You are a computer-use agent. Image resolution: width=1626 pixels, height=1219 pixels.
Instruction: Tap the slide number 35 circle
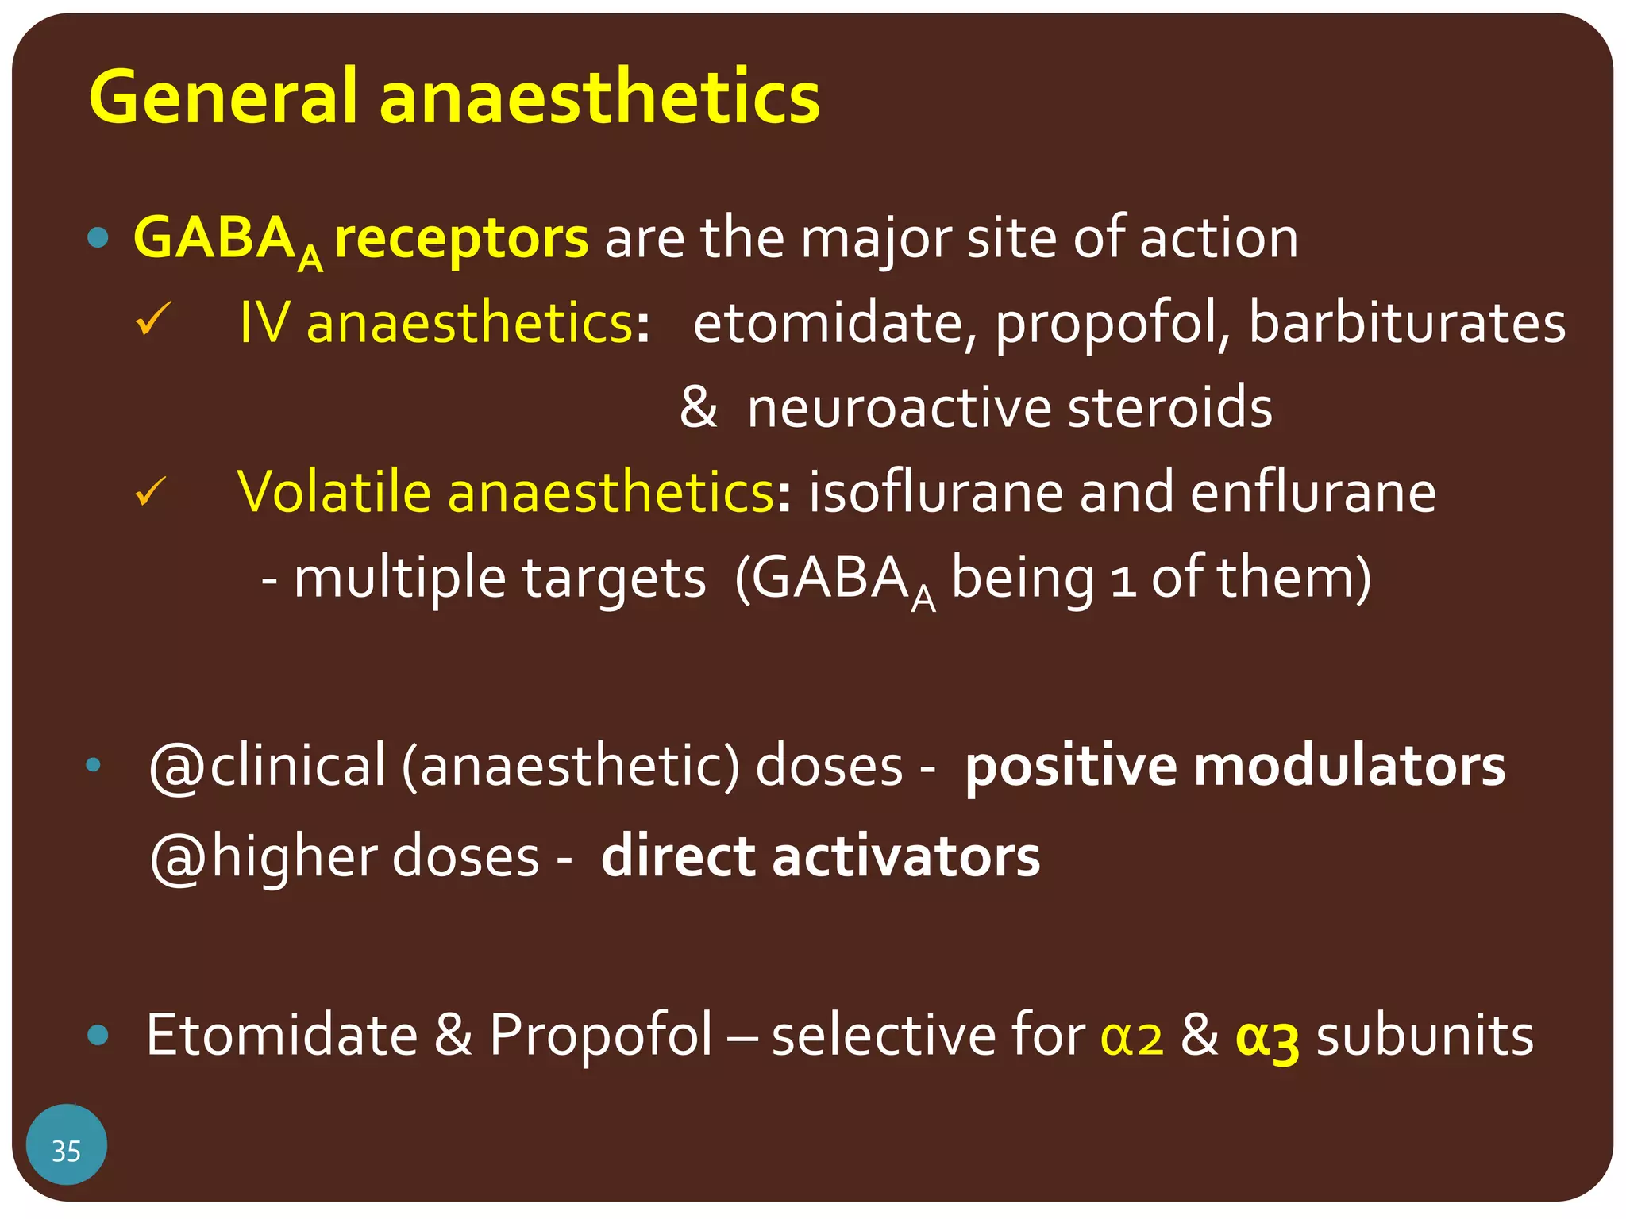(67, 1150)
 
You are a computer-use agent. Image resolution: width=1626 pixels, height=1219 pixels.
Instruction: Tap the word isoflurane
(936, 492)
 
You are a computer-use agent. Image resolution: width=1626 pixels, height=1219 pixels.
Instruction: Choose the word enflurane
(1313, 492)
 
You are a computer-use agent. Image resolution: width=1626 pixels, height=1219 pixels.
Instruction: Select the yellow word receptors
(461, 237)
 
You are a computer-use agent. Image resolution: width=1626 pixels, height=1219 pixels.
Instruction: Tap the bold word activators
(905, 856)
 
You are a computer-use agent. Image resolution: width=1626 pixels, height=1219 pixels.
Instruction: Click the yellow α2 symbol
(1131, 1036)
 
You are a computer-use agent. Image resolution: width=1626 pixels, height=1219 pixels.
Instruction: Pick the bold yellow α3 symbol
(1267, 1036)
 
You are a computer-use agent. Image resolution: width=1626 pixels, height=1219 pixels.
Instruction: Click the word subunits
(1424, 1035)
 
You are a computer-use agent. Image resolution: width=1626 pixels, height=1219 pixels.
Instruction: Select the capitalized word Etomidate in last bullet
(282, 1035)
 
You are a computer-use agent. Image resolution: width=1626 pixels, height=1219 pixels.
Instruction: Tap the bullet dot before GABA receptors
(98, 237)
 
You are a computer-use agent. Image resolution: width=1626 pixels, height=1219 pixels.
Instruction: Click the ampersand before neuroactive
(698, 407)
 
